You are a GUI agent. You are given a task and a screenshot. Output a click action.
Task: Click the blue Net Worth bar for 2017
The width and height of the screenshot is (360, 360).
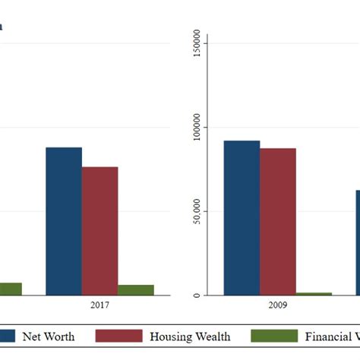[x=64, y=221]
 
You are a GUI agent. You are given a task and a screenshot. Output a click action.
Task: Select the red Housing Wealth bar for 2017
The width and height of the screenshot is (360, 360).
[x=99, y=231]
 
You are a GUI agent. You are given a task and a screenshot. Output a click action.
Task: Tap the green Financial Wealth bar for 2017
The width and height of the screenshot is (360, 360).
[x=135, y=290]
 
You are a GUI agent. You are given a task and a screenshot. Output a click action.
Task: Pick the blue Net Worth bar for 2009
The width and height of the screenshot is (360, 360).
[x=242, y=218]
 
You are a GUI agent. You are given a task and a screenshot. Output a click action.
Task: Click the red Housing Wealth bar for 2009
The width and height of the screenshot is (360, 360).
[x=277, y=222]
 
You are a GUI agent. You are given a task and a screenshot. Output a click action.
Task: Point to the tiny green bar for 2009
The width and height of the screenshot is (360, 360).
[x=314, y=294]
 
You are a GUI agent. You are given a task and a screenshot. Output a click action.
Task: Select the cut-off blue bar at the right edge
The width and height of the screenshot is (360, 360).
[x=357, y=243]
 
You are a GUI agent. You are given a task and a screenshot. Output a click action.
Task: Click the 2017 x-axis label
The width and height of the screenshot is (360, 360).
[x=99, y=305]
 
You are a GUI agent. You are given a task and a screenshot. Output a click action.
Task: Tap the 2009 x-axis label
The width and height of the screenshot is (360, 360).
[x=277, y=305]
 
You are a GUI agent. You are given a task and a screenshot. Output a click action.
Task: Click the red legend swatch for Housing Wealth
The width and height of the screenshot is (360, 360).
[x=119, y=336]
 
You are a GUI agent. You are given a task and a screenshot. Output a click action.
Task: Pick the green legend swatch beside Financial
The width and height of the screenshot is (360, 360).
[x=273, y=336]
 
